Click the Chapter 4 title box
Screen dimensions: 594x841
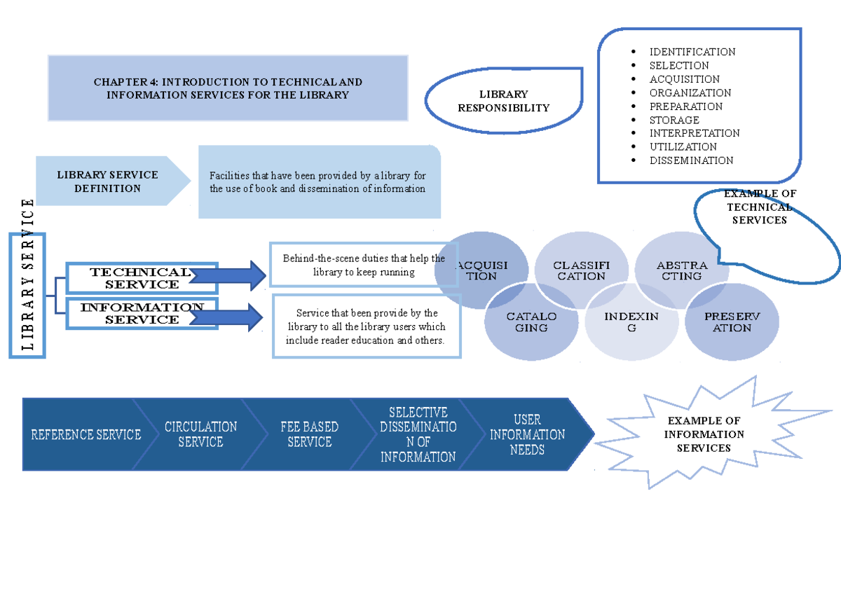(228, 88)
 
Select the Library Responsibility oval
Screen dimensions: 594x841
(503, 101)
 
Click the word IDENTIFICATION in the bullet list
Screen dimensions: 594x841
(692, 52)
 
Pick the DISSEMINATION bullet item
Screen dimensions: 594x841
(691, 160)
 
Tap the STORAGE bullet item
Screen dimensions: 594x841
(674, 120)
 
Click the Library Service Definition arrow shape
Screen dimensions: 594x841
(109, 181)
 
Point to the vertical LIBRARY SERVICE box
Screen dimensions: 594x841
(28, 296)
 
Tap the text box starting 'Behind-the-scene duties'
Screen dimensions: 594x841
(364, 265)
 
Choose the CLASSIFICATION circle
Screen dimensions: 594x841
(581, 270)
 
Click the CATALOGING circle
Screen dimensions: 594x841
(531, 322)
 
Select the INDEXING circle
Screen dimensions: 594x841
(631, 322)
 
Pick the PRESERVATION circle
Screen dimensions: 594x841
(732, 322)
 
